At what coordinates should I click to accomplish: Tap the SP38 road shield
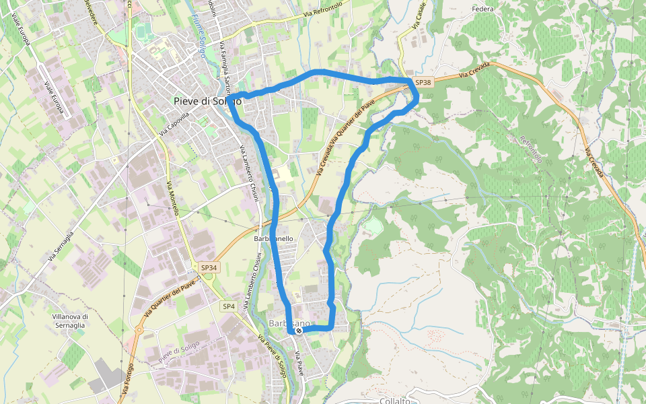click(423, 82)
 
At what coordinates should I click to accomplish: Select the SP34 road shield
click(209, 267)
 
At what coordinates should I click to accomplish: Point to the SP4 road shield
click(229, 306)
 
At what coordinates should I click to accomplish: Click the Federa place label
click(483, 9)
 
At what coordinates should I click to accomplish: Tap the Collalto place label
click(395, 400)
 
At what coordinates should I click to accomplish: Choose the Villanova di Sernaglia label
click(70, 321)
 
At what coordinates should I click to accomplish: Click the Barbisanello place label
click(273, 239)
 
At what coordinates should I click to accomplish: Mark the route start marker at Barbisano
click(298, 330)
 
